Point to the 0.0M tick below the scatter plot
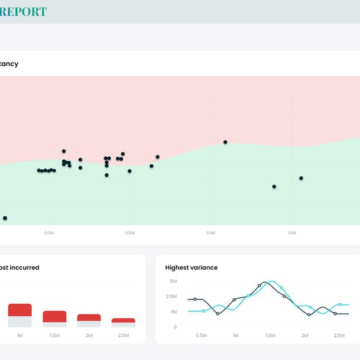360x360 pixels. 49,233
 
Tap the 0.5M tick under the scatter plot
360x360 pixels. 130,233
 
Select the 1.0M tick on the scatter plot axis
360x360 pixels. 210,233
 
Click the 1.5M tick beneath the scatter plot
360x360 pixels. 292,233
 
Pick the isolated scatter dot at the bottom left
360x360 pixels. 5,217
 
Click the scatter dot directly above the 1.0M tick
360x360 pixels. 225,142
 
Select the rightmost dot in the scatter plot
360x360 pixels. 301,178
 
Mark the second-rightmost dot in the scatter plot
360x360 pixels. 274,186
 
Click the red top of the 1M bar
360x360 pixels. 19,310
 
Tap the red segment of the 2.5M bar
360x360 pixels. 124,320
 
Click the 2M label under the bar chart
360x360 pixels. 89,336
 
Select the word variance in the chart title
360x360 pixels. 205,268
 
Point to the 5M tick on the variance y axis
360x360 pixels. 174,281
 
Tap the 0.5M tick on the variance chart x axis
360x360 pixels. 202,336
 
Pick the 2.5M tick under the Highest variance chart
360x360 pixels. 340,336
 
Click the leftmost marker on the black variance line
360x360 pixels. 195,299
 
